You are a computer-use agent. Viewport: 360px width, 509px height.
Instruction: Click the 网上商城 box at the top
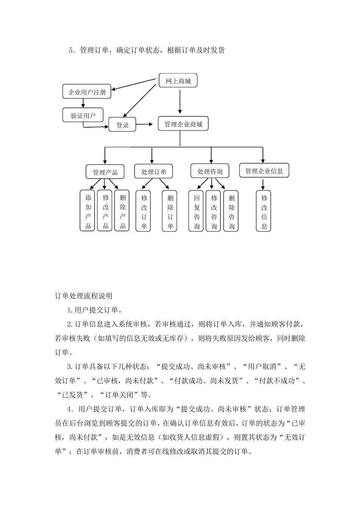click(178, 81)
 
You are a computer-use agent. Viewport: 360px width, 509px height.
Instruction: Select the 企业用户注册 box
click(87, 92)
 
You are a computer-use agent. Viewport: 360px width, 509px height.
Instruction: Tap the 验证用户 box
click(83, 116)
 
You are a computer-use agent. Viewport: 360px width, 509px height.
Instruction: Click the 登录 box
click(122, 125)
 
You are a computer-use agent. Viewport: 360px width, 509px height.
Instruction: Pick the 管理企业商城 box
click(183, 124)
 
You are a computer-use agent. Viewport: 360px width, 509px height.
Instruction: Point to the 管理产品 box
click(105, 172)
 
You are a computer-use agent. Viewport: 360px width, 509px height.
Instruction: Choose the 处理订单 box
click(153, 172)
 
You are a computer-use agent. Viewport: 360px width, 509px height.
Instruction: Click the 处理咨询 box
click(210, 171)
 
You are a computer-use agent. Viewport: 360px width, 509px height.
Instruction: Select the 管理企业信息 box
click(264, 171)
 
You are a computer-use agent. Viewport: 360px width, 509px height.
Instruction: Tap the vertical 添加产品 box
click(88, 211)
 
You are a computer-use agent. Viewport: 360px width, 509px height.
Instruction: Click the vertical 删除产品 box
click(123, 211)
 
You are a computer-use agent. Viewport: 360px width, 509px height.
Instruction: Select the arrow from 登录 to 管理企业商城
click(146, 124)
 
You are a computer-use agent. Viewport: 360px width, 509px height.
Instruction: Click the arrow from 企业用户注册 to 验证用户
click(83, 103)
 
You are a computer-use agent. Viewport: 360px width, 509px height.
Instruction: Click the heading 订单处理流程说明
click(83, 295)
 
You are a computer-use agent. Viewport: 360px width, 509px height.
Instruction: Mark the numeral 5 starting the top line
click(71, 50)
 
